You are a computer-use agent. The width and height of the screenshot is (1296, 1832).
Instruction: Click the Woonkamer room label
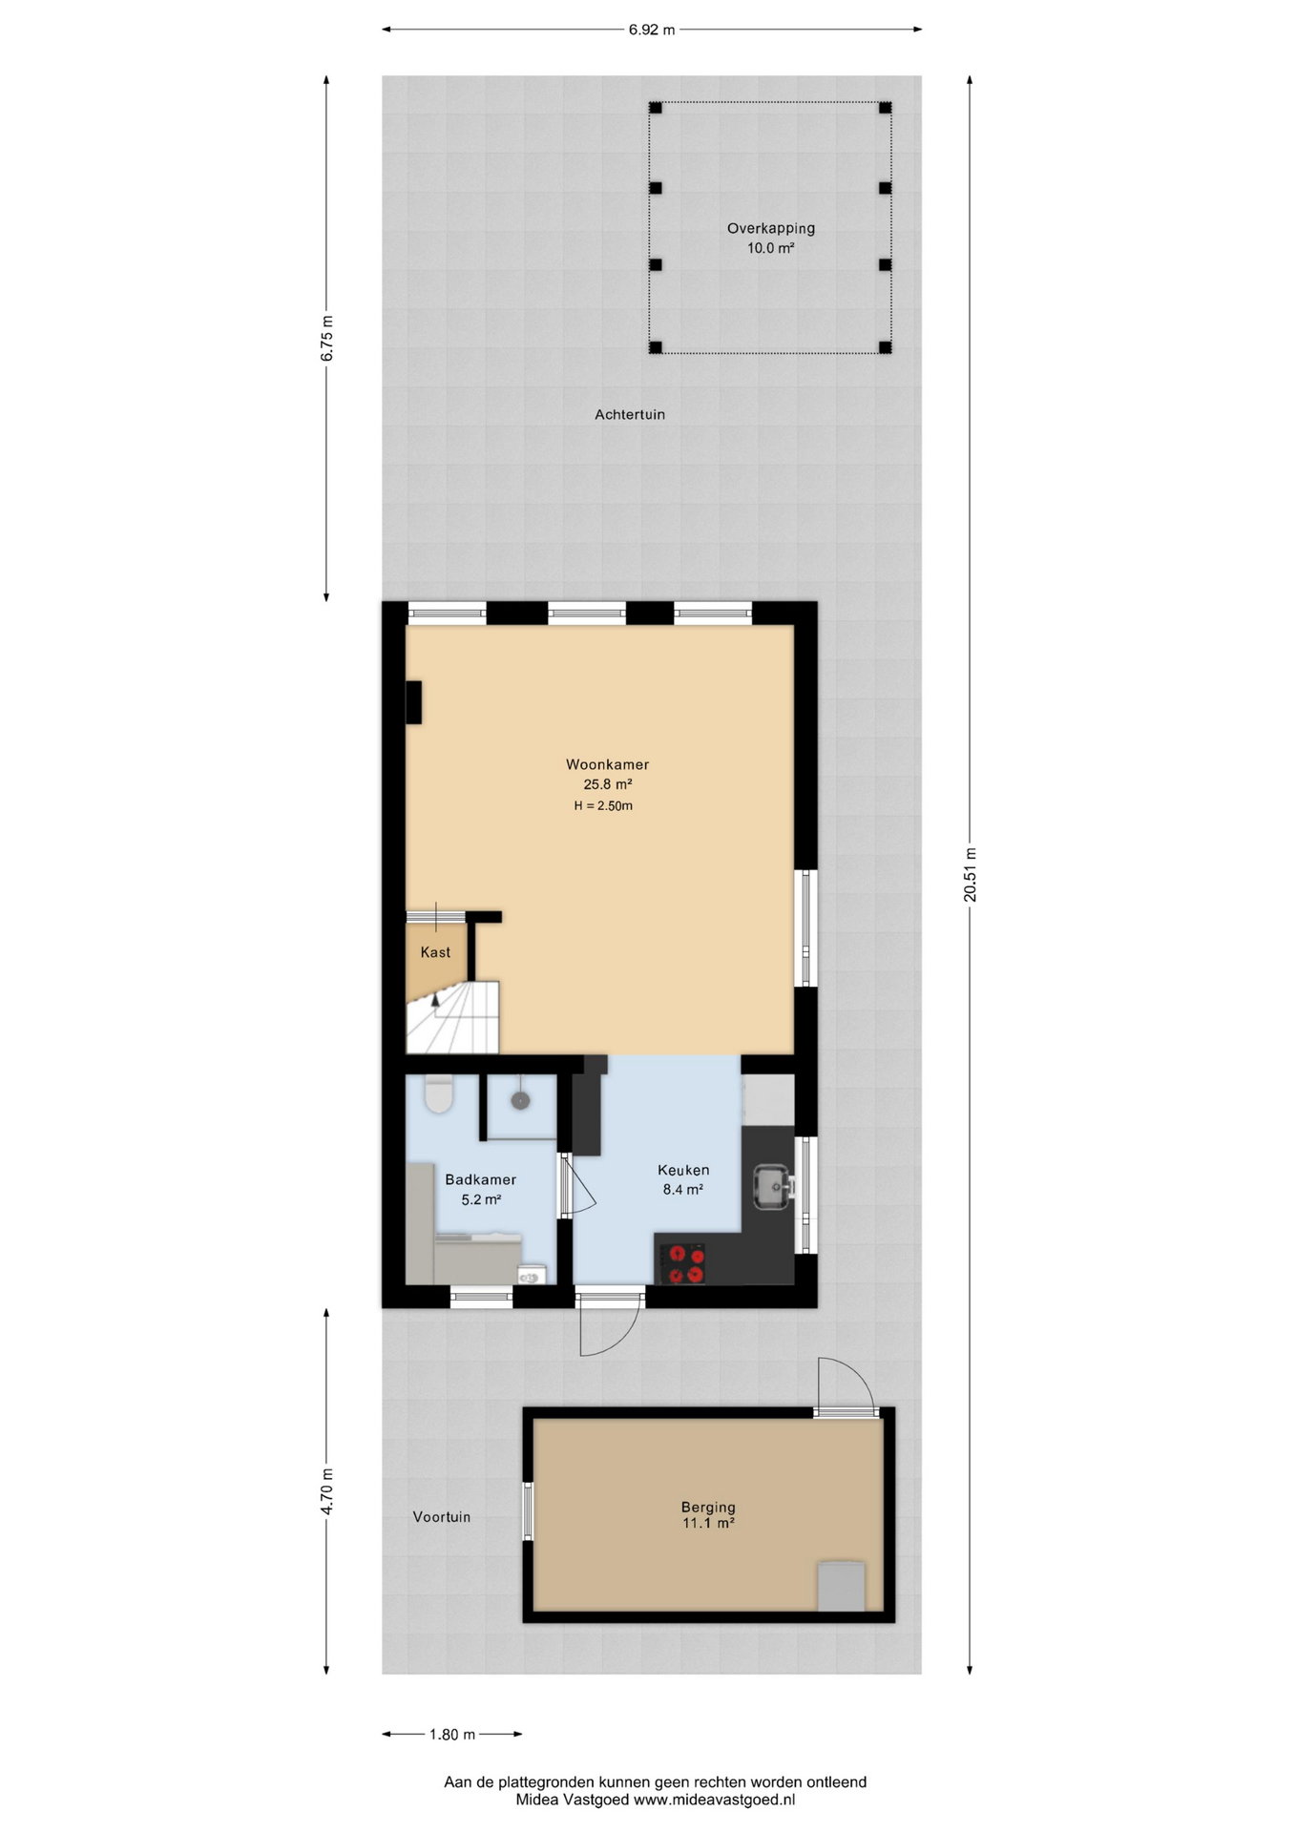click(x=607, y=764)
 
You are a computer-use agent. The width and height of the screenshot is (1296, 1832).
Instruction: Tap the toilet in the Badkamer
click(x=439, y=1094)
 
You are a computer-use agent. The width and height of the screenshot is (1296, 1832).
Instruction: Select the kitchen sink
click(x=771, y=1186)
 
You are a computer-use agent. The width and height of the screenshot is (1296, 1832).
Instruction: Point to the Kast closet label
click(x=435, y=952)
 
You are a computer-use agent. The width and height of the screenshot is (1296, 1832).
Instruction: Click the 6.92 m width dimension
click(x=652, y=30)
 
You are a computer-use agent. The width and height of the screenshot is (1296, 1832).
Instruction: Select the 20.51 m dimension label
click(x=971, y=874)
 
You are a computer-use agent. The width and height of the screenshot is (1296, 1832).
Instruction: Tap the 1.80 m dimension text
click(x=452, y=1735)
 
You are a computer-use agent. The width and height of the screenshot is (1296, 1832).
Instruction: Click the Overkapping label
click(x=771, y=229)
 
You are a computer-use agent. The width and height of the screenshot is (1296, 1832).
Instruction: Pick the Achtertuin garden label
click(x=630, y=414)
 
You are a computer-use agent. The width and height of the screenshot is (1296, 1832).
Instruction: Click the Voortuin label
click(x=442, y=1516)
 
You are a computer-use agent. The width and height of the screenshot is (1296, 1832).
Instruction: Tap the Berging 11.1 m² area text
click(x=708, y=1523)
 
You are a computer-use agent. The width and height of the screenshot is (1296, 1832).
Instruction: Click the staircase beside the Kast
click(x=453, y=1017)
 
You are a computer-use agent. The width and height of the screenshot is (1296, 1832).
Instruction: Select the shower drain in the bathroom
click(x=520, y=1100)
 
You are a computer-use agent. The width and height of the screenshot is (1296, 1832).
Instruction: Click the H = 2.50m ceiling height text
click(x=603, y=806)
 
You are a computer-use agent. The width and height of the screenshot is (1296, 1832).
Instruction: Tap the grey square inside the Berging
click(x=842, y=1586)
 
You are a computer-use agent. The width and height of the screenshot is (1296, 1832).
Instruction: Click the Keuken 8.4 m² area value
click(x=683, y=1190)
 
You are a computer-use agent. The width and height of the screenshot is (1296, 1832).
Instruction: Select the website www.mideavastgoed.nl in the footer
click(x=714, y=1800)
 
